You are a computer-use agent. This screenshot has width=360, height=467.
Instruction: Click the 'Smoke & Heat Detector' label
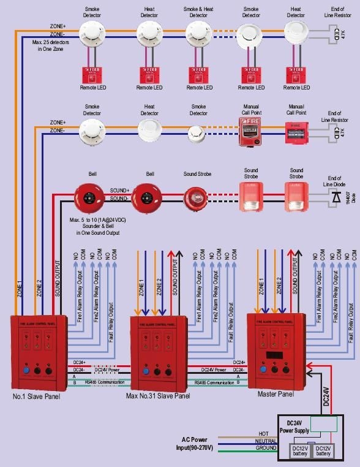click(x=198, y=13)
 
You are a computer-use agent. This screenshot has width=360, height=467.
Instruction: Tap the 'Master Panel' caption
click(x=276, y=394)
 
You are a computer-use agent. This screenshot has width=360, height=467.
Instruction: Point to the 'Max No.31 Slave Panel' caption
click(x=158, y=397)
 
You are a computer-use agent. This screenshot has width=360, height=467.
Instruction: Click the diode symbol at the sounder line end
click(x=336, y=197)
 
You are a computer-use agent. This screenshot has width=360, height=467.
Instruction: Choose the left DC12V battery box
click(x=301, y=450)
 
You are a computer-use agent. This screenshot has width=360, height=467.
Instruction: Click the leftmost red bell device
click(x=91, y=196)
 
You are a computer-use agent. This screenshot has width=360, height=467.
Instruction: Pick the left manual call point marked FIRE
click(x=251, y=131)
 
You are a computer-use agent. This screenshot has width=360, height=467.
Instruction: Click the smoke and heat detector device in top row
click(x=198, y=33)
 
